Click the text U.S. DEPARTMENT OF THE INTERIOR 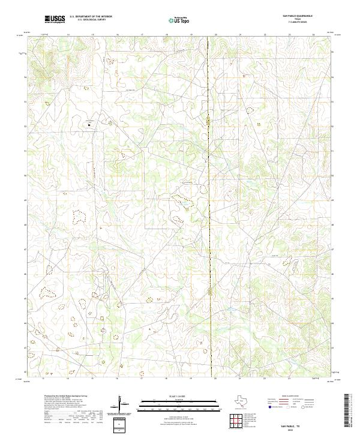pos(91,16)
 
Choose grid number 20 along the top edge pos(215,35)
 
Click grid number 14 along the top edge pos(68,35)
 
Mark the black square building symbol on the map pos(89,125)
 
